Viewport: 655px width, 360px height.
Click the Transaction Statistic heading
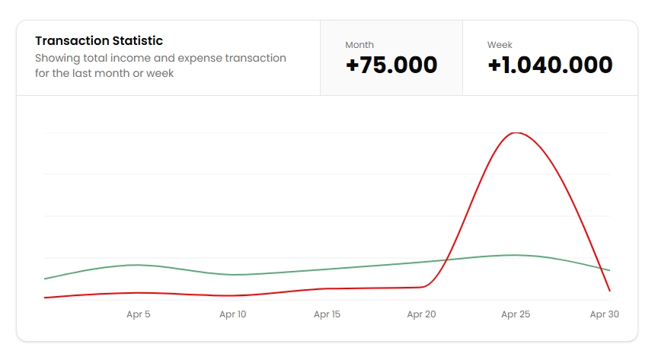pos(99,41)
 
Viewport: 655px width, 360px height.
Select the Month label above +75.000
pos(359,45)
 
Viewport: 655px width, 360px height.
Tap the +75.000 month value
pos(391,65)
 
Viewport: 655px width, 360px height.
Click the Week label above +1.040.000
pos(500,45)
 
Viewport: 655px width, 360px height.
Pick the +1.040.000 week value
pos(550,65)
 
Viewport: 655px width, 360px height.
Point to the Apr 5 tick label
pos(138,314)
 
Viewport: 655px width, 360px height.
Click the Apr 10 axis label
pos(232,314)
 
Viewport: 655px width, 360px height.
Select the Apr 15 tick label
pos(327,314)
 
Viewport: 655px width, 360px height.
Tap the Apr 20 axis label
pos(421,314)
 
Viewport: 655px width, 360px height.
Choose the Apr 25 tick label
pos(516,314)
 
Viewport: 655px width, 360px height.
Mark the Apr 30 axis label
pos(604,314)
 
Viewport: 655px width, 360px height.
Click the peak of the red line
pos(516,133)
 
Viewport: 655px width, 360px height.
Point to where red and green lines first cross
pos(446,260)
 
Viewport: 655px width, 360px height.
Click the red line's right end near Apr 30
pos(609,291)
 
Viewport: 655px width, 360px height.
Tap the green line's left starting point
pos(45,279)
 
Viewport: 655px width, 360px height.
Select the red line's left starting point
pos(45,298)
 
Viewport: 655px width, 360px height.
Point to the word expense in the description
pos(200,59)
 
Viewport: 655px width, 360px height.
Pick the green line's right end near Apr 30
pos(609,270)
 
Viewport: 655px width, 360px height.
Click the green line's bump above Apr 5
pos(137,265)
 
